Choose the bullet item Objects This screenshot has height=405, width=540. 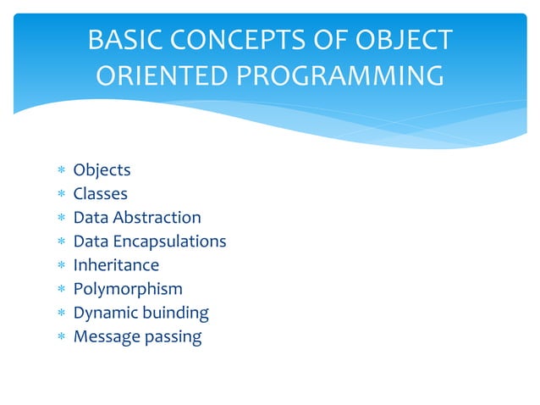(102, 170)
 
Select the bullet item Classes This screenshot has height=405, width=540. (100, 194)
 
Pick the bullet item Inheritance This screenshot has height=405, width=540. (116, 265)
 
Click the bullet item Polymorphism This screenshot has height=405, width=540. (128, 289)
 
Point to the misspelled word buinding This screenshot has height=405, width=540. (174, 313)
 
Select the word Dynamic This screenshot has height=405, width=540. (104, 313)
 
